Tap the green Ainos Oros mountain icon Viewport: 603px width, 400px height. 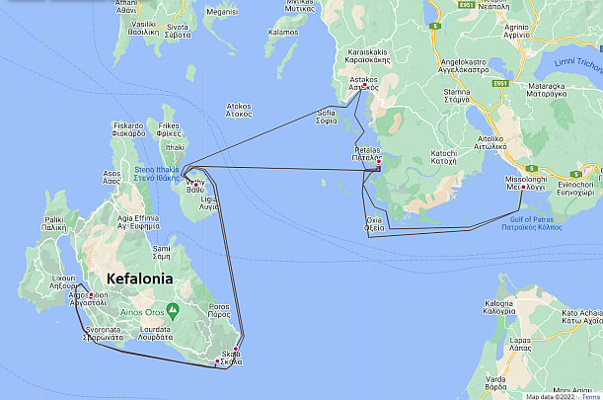click(x=173, y=310)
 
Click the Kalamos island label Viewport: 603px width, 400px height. click(x=282, y=32)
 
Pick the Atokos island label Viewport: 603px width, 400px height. click(x=239, y=110)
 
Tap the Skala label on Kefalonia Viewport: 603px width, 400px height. click(x=231, y=358)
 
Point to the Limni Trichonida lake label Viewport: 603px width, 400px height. click(x=580, y=63)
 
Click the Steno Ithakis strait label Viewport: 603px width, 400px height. click(x=161, y=175)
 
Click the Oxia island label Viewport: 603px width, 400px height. click(x=374, y=223)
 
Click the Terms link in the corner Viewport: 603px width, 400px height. click(x=590, y=395)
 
